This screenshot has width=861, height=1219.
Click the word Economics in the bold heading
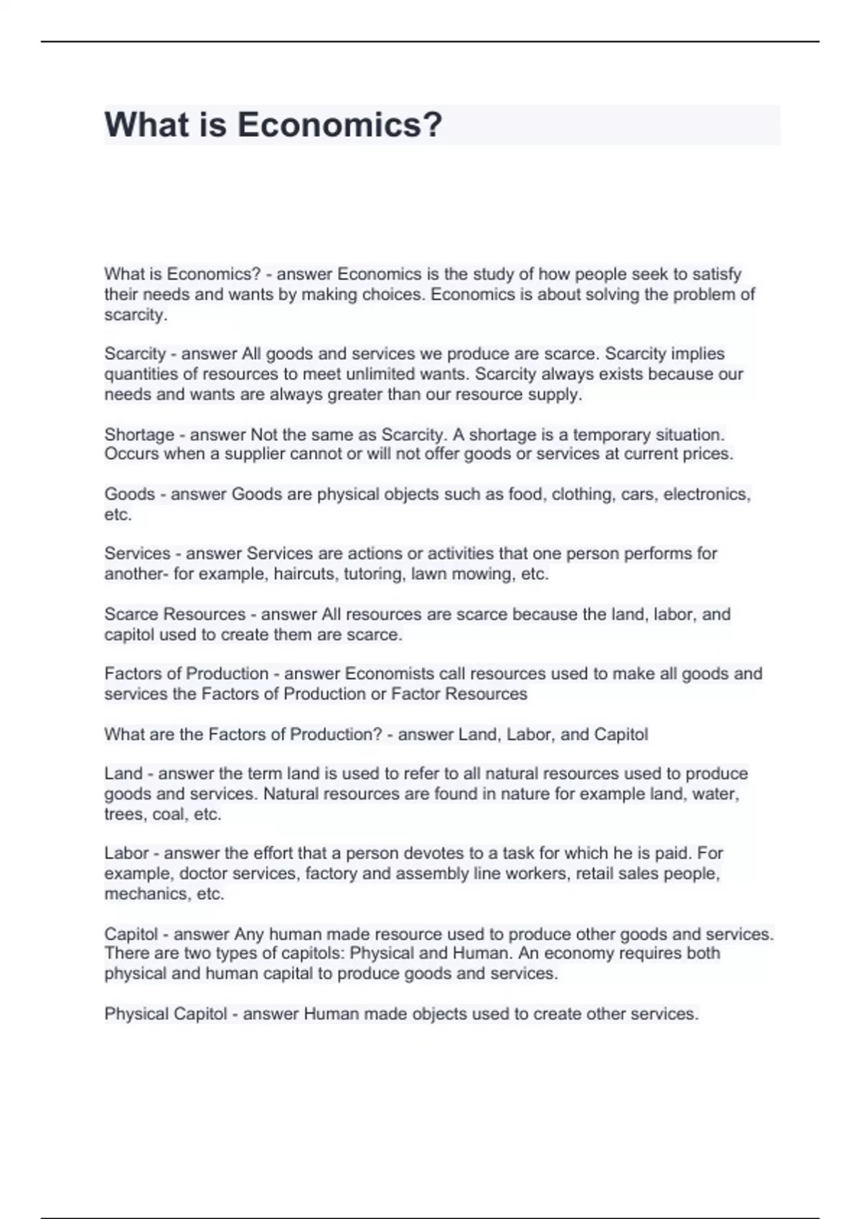(x=339, y=125)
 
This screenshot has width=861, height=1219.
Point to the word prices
(x=709, y=454)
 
